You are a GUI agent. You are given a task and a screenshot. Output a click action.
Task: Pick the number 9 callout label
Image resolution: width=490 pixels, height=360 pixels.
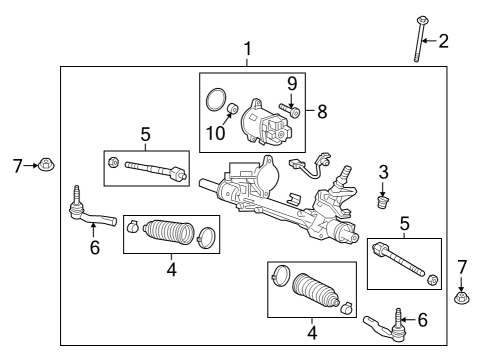(x=292, y=83)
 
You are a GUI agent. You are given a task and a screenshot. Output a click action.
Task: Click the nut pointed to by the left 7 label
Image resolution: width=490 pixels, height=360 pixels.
(x=49, y=165)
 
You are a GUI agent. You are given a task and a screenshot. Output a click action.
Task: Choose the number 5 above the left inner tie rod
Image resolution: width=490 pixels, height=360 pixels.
(x=145, y=133)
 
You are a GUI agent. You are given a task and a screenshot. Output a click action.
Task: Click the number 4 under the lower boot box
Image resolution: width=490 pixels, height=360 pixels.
(x=311, y=331)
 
